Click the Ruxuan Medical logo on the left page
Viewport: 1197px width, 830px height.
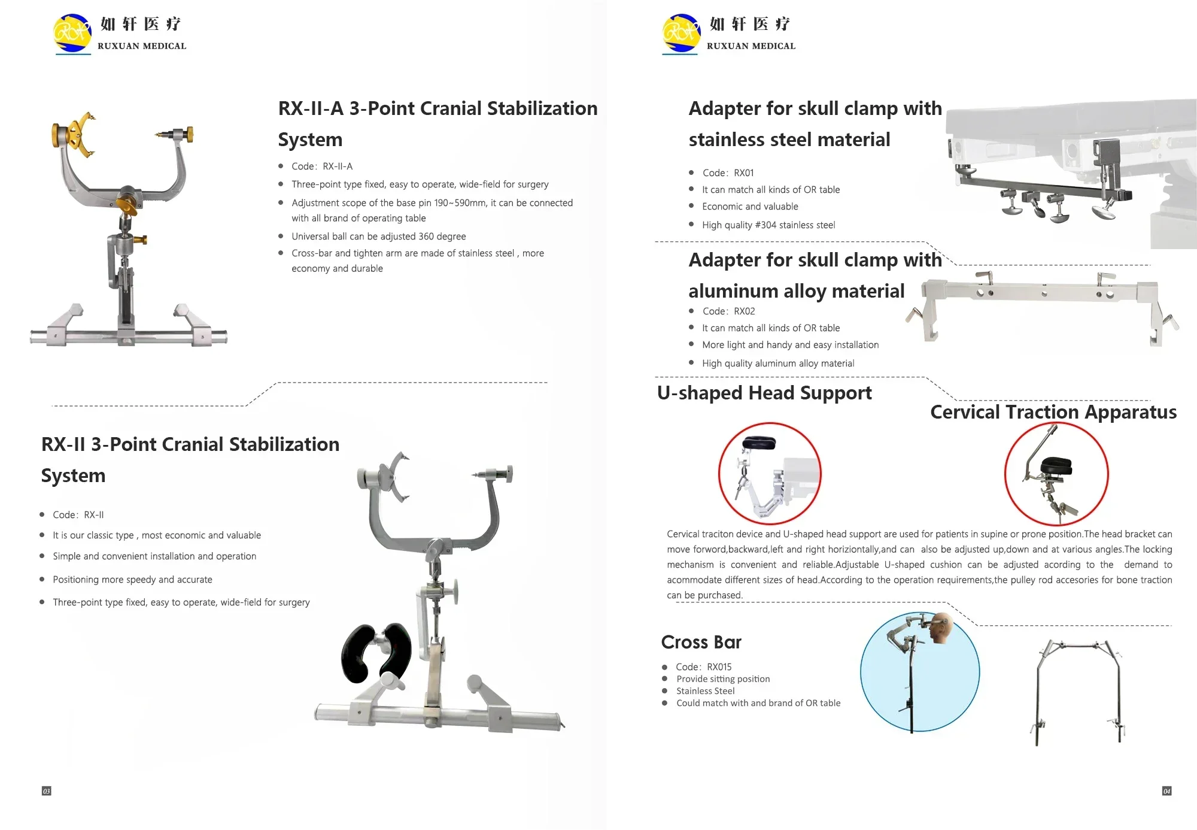point(120,34)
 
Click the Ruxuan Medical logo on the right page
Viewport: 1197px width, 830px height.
point(729,34)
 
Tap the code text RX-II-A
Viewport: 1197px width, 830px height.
point(337,166)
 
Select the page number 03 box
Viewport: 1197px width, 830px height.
point(46,791)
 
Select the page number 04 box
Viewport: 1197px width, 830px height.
point(1166,791)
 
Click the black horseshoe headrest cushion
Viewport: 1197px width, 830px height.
point(376,654)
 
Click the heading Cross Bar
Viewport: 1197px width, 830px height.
point(701,642)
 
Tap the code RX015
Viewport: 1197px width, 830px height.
point(719,667)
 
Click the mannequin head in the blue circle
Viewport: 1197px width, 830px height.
point(941,628)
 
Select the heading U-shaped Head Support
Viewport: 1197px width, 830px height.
point(764,393)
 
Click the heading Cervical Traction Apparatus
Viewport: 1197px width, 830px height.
point(1053,412)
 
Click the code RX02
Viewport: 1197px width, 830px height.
point(744,311)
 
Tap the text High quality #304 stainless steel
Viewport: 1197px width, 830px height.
point(768,225)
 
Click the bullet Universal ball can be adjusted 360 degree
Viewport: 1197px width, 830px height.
point(378,237)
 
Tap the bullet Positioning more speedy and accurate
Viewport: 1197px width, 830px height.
point(132,580)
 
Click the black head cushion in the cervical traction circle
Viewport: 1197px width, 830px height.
point(1057,466)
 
